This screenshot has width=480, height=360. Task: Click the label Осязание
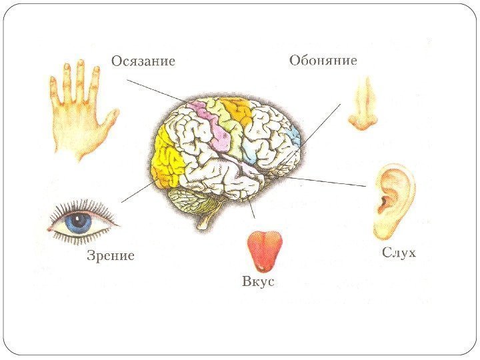[143, 61]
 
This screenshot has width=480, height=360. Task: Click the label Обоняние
[323, 61]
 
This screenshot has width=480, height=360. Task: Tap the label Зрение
[111, 255]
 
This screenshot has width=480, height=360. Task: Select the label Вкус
[258, 282]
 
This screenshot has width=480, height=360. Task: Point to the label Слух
[399, 253]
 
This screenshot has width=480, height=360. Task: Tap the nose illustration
[363, 103]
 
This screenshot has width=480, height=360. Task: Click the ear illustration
[393, 200]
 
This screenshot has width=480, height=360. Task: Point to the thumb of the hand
[111, 120]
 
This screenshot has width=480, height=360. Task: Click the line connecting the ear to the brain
[327, 181]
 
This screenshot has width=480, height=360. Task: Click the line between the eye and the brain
[137, 192]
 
